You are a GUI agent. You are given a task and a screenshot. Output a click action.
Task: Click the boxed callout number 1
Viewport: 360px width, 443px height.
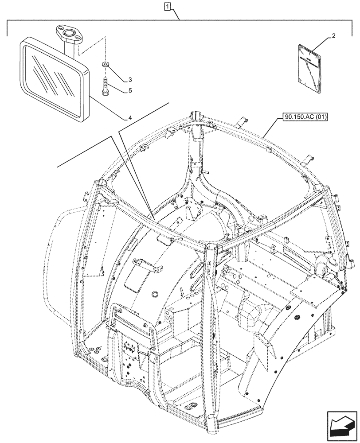tap(167, 7)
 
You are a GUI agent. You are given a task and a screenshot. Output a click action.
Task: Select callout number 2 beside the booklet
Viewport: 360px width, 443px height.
tap(333, 35)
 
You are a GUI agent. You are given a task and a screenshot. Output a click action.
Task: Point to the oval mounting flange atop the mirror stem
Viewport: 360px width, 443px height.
tap(68, 33)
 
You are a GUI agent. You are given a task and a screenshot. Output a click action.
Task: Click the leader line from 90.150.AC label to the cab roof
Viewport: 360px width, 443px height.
tap(270, 128)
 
